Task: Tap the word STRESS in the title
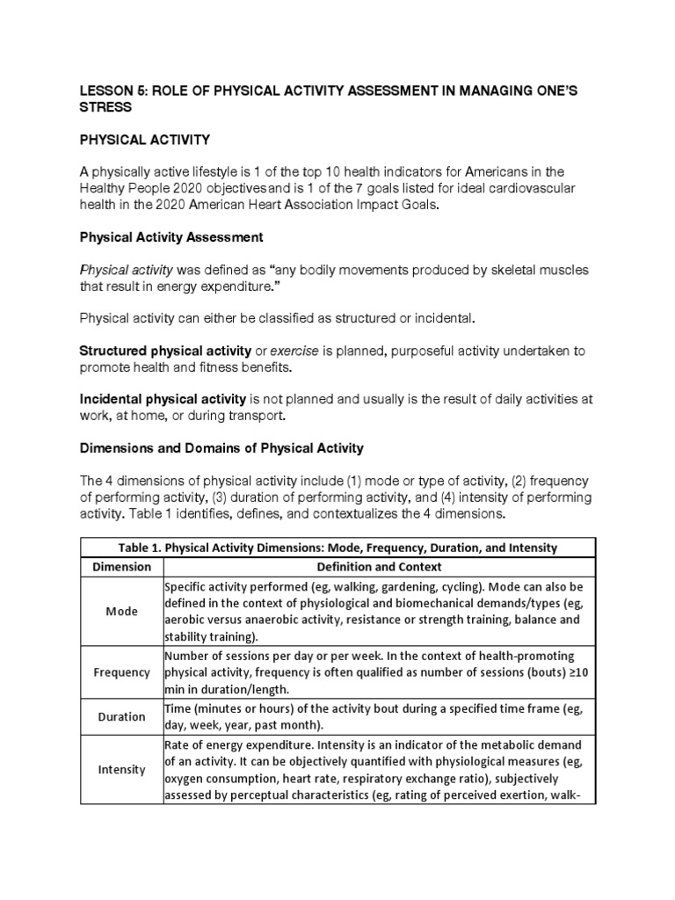pos(105,107)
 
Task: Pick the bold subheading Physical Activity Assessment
pos(171,237)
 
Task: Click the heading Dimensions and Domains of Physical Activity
pos(221,447)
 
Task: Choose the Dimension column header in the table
pos(121,567)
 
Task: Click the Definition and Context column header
pos(379,567)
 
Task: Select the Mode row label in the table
pos(121,611)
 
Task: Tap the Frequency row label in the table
pos(121,672)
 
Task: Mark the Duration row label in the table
pos(121,716)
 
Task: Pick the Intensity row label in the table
pos(121,770)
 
